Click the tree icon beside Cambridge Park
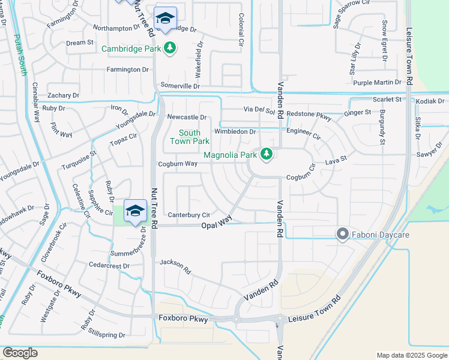[x=170, y=48]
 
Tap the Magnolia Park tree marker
[x=267, y=155]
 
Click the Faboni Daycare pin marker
[x=343, y=234]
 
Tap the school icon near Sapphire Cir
[x=136, y=211]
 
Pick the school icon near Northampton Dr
[x=165, y=18]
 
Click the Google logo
[x=20, y=353]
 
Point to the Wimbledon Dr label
[x=235, y=132]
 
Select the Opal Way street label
[x=217, y=223]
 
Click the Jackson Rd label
[x=175, y=266]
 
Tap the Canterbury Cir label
[x=188, y=215]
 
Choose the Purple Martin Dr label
[x=377, y=82]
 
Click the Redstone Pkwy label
[x=309, y=115]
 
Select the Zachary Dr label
[x=63, y=95]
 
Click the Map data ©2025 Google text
[x=411, y=355]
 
